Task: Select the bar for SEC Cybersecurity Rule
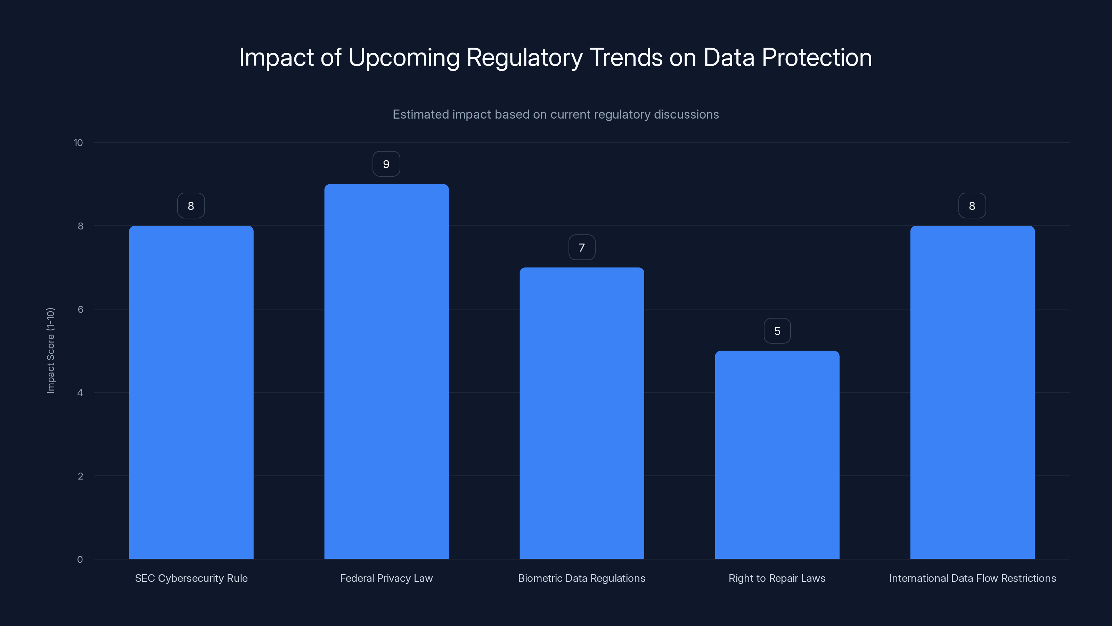tap(191, 392)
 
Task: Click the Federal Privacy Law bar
tap(386, 371)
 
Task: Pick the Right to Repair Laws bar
tap(777, 455)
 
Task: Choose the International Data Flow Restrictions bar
tap(972, 392)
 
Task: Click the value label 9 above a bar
tap(386, 164)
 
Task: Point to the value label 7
tap(581, 248)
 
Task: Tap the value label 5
tap(777, 331)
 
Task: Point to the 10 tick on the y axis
tap(78, 143)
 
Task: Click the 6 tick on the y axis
tap(80, 309)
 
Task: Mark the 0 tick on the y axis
tap(80, 560)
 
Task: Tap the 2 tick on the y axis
tap(80, 476)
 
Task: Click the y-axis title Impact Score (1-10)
tap(50, 350)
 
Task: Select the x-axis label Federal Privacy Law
tap(386, 578)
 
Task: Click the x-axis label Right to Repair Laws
tap(777, 578)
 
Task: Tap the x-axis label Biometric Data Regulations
tap(581, 578)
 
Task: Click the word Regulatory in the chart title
tap(524, 58)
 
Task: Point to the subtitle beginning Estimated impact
tap(556, 114)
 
